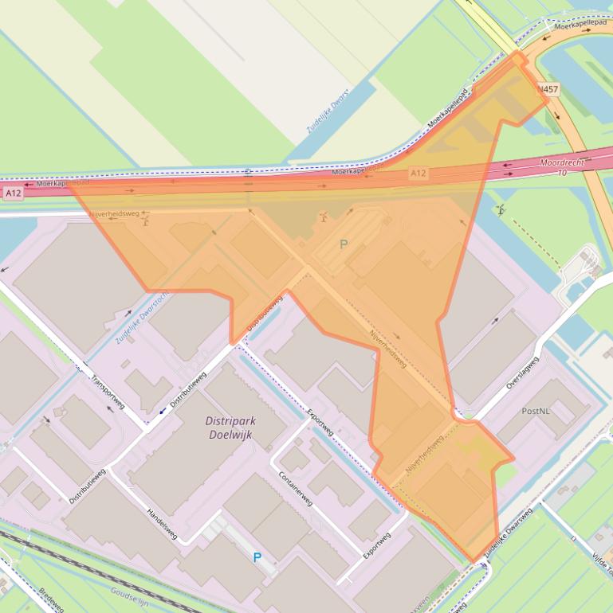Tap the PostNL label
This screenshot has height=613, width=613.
(x=535, y=411)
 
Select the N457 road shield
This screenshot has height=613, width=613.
(x=548, y=89)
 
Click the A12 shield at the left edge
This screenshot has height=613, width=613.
(x=13, y=193)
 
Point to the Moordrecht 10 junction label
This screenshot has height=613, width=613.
(x=561, y=166)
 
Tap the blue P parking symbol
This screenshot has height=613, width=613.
(x=257, y=557)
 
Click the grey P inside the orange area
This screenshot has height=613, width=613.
(x=344, y=244)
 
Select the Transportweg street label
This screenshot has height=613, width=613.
(x=108, y=391)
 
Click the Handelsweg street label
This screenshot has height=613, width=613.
(x=162, y=524)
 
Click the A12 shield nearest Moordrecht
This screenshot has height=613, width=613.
(x=418, y=173)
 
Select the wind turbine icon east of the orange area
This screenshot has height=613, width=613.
(x=500, y=210)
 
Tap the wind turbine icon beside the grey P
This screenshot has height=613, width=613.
(x=323, y=216)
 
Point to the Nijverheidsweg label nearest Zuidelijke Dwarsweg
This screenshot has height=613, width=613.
(x=425, y=460)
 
